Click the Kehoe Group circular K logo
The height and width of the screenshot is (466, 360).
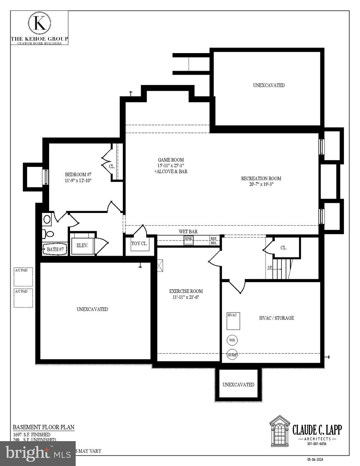pos(39,23)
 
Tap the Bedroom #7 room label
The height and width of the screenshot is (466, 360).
pos(78,175)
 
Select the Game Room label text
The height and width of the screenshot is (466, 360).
pos(171,160)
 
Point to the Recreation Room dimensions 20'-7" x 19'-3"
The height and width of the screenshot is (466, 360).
pos(261,184)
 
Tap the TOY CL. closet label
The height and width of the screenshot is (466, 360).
pos(139,243)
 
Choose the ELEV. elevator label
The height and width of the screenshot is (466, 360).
pos(82,245)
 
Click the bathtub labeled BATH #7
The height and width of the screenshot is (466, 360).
pos(55,249)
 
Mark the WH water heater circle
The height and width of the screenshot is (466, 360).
pos(232,340)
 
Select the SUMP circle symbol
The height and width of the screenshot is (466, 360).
pos(232,355)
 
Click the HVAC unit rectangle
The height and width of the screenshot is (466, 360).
pos(233,321)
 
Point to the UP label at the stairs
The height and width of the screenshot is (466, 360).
pos(270,267)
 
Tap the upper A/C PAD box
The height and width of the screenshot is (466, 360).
pos(23,277)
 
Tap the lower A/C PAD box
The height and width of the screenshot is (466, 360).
pos(23,298)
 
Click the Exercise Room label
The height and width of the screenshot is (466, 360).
pos(186,291)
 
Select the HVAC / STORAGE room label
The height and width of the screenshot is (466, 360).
pos(276,318)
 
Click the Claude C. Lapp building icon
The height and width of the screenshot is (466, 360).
pos(280,431)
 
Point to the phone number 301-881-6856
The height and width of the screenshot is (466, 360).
pos(317,444)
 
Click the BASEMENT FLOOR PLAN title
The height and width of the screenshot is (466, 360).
pos(43,427)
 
